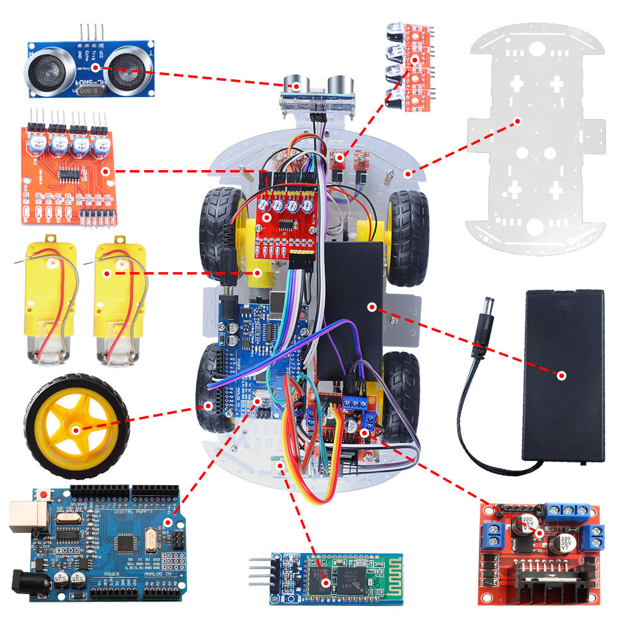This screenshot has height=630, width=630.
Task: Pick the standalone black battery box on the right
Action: click(564, 375)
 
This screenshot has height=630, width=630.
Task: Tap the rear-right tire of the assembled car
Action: click(401, 391)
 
